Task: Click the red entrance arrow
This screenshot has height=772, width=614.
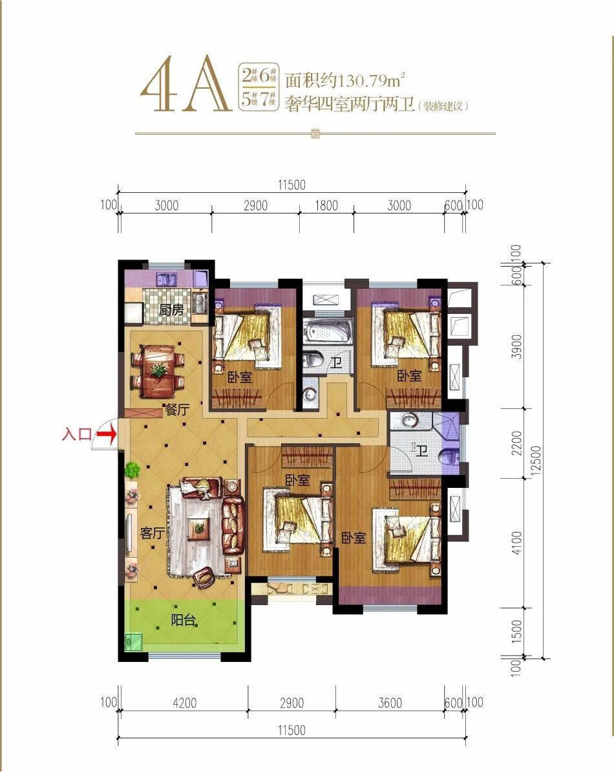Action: [x=107, y=435]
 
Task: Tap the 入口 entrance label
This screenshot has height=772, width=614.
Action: [x=76, y=434]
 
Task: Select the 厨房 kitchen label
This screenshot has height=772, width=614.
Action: [x=171, y=310]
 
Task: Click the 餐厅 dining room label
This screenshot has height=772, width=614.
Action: [x=177, y=409]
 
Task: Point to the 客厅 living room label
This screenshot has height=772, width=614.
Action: [x=153, y=533]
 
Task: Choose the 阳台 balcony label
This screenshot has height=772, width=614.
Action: [x=183, y=620]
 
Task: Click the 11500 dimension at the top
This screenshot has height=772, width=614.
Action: [x=291, y=185]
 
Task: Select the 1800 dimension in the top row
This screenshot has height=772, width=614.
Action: [x=326, y=205]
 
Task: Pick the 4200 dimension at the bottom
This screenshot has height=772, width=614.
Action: [x=184, y=703]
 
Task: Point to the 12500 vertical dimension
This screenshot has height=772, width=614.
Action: [x=536, y=460]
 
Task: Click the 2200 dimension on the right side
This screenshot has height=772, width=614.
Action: [x=516, y=443]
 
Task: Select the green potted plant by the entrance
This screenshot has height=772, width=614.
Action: [x=132, y=470]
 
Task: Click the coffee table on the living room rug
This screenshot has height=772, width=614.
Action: [x=199, y=529]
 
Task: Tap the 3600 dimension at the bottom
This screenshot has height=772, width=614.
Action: [x=390, y=703]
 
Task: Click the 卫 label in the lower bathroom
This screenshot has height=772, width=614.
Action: [x=421, y=450]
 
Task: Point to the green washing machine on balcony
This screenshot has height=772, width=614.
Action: [x=133, y=641]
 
